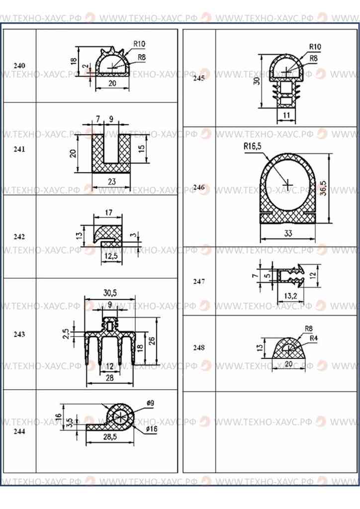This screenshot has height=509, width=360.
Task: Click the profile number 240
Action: pyautogui.click(x=19, y=66)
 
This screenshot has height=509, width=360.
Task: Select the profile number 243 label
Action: pyautogui.click(x=19, y=335)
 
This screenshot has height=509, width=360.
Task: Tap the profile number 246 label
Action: pyautogui.click(x=199, y=187)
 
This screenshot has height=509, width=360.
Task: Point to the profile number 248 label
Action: pyautogui.click(x=199, y=347)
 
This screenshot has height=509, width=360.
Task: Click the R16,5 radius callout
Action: pyautogui.click(x=252, y=147)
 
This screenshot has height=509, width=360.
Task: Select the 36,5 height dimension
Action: pyautogui.click(x=323, y=187)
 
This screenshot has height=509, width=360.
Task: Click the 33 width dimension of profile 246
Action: pyautogui.click(x=288, y=234)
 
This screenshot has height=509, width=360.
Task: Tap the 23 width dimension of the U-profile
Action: pyautogui.click(x=112, y=182)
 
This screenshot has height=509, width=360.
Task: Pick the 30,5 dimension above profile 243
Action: pyautogui.click(x=110, y=293)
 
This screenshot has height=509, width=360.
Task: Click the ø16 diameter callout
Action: pyautogui.click(x=152, y=429)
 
